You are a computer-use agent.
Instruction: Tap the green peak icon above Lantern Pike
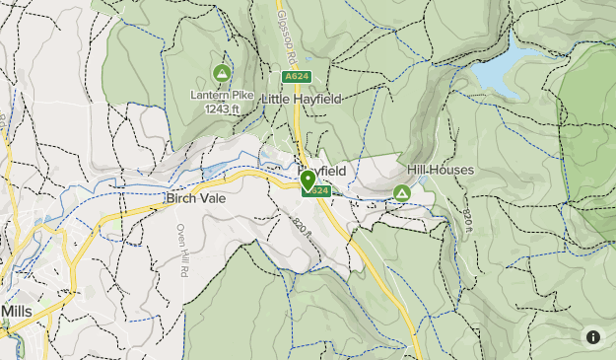tap(222, 74)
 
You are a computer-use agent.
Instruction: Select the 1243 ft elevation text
tap(224, 108)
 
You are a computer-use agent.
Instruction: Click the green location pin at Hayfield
tap(308, 180)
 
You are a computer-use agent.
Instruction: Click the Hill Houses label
tap(441, 170)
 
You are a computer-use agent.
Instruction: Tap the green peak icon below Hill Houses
tap(401, 192)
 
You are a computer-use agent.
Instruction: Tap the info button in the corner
tap(592, 336)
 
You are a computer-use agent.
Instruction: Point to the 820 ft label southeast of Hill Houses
tap(467, 214)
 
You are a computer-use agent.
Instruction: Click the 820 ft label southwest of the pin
tap(302, 228)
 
